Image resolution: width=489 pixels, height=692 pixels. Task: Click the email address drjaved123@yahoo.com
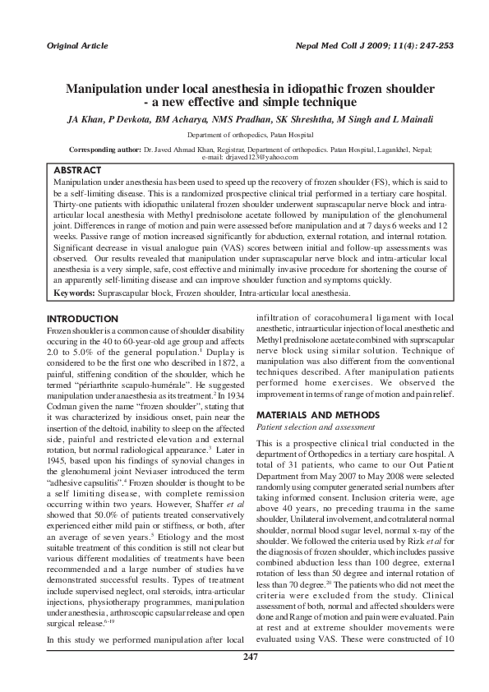point(260,156)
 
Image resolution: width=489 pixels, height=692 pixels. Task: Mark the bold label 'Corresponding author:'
point(105,150)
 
